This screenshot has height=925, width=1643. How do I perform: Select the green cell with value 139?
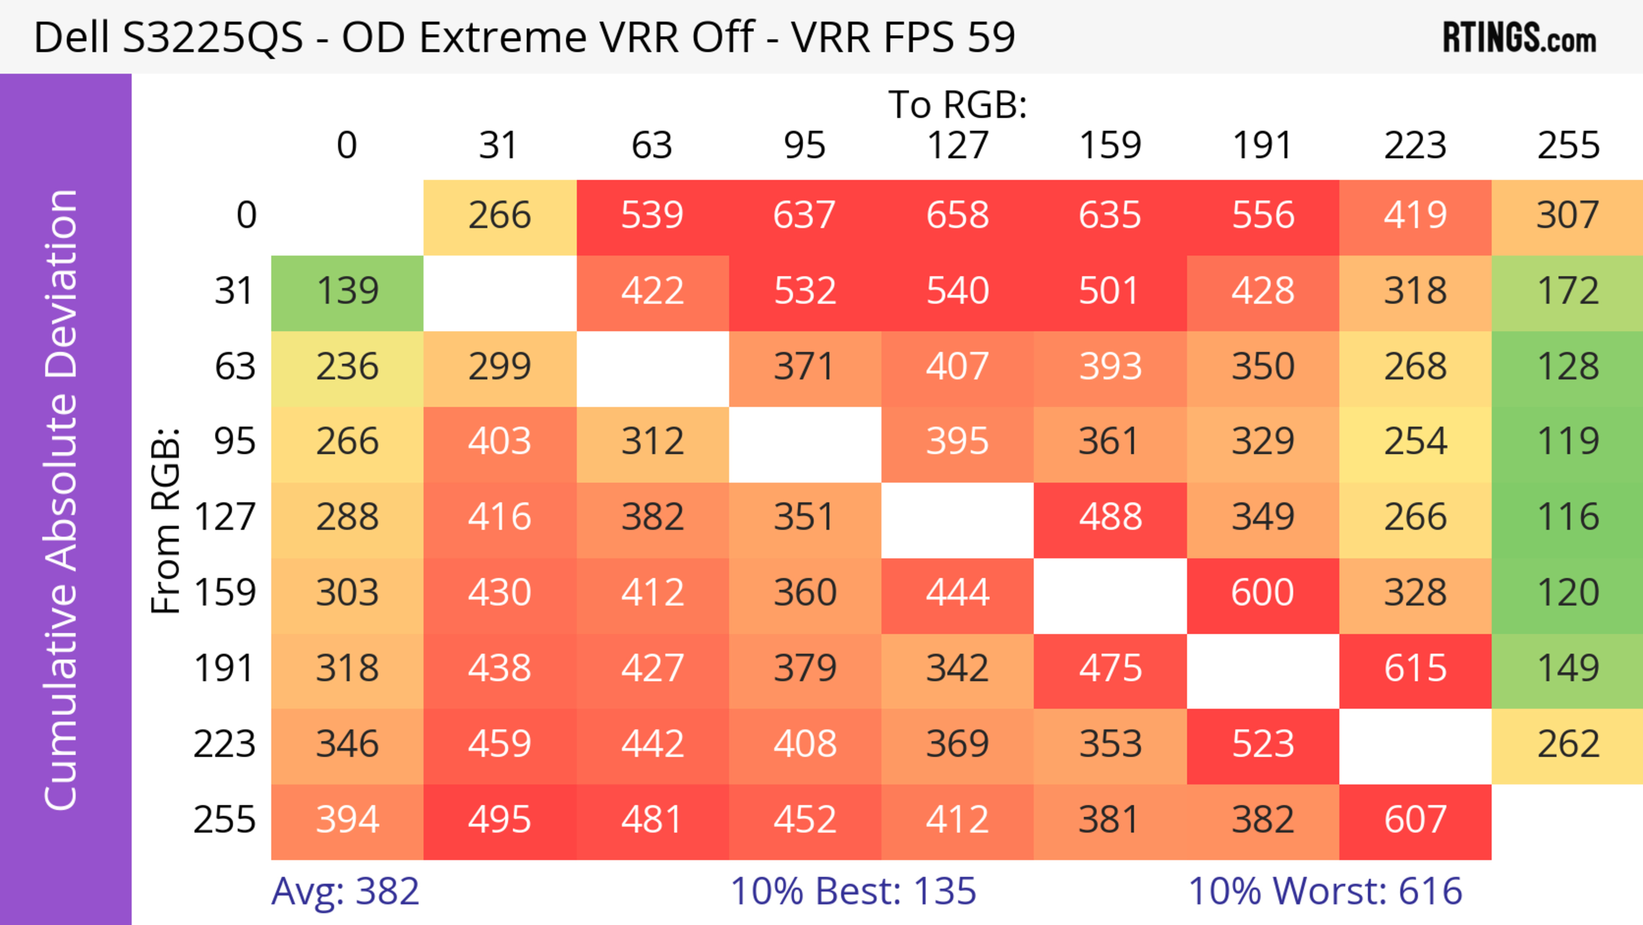point(347,291)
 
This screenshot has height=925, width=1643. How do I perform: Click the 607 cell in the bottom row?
point(1415,820)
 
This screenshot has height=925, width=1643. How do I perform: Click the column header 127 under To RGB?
point(958,146)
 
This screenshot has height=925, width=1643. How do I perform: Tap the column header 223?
point(1415,146)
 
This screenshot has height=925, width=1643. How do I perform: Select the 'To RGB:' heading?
point(958,104)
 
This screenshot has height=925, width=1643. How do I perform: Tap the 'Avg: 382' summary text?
point(345,891)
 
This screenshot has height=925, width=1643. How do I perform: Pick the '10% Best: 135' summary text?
point(853,891)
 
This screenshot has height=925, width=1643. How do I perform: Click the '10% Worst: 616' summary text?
point(1325,891)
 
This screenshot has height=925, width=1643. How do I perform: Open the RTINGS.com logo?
point(1518,38)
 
